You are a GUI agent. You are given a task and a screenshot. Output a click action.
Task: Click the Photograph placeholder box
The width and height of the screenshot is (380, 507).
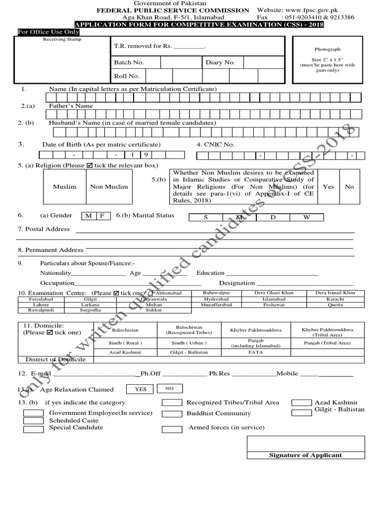(328, 60)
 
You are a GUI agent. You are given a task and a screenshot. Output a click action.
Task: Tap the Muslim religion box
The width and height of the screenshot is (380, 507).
(65, 187)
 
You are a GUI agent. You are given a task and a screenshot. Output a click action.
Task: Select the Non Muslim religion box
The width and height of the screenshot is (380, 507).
(109, 187)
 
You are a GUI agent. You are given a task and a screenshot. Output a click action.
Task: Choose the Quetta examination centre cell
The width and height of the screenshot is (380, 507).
(335, 305)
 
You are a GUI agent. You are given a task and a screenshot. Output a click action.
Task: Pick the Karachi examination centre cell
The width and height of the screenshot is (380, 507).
(335, 300)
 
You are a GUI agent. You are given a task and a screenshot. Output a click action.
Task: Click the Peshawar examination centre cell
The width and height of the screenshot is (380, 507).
(274, 305)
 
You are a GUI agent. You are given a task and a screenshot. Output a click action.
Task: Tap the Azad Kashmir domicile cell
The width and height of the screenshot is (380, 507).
(126, 352)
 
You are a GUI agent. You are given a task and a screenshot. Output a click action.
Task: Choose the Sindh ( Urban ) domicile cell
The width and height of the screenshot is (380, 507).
(189, 343)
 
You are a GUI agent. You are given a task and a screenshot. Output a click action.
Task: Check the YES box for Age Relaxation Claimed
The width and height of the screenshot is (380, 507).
(141, 389)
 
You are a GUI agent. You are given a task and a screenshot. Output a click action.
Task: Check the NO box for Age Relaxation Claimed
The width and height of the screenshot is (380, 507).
(170, 389)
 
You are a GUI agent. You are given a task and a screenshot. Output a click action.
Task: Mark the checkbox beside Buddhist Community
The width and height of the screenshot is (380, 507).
(172, 414)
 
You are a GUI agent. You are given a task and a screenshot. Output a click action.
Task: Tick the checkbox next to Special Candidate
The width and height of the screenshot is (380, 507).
(34, 429)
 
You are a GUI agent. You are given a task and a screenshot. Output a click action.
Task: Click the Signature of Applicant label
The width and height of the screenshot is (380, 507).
(305, 455)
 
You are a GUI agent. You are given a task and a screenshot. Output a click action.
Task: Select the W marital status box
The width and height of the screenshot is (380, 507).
(306, 217)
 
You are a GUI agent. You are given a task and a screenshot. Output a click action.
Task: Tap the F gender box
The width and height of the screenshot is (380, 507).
(102, 216)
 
